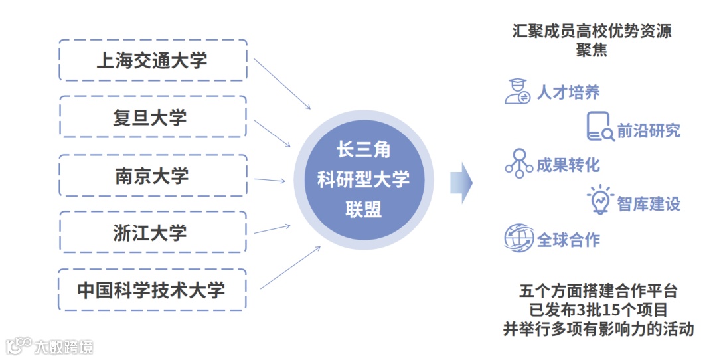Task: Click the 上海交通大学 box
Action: pyautogui.click(x=153, y=60)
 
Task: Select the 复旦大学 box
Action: pyautogui.click(x=153, y=118)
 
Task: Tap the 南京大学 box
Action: pyautogui.click(x=153, y=175)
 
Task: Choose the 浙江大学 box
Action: pyautogui.click(x=153, y=232)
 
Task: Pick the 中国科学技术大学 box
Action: pyautogui.click(x=153, y=290)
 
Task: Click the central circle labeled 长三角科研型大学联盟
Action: pyautogui.click(x=363, y=180)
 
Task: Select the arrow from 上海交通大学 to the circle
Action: pyautogui.click(x=281, y=83)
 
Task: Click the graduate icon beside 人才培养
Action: pyautogui.click(x=517, y=91)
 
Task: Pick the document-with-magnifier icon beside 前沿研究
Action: pyautogui.click(x=600, y=126)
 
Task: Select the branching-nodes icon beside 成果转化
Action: pyautogui.click(x=518, y=163)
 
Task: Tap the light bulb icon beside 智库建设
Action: pyautogui.click(x=600, y=199)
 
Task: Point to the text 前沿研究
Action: pyautogui.click(x=649, y=130)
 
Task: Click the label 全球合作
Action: pyautogui.click(x=568, y=240)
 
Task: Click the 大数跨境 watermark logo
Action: pyautogui.click(x=49, y=346)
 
